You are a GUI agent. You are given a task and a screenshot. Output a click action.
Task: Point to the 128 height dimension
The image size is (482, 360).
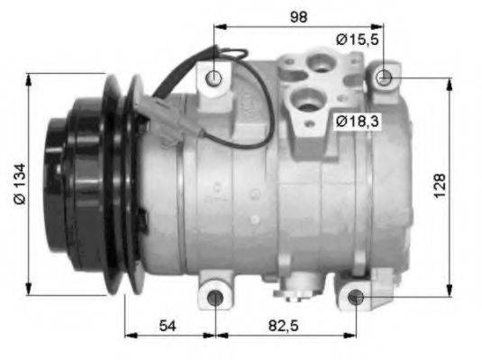point(440,185)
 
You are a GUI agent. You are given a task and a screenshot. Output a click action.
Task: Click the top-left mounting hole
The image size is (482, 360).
point(214,78)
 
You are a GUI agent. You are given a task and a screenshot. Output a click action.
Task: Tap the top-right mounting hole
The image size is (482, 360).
point(384,77)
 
